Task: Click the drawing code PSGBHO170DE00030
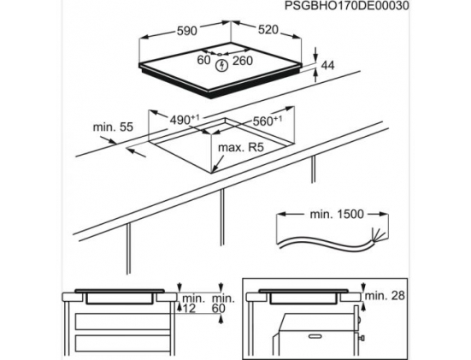pyautogui.click(x=347, y=6)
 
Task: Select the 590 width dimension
pyautogui.click(x=187, y=31)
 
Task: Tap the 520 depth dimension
pyautogui.click(x=268, y=29)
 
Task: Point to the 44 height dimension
pyautogui.click(x=327, y=65)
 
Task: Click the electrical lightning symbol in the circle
pyautogui.click(x=222, y=66)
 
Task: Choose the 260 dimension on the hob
pyautogui.click(x=243, y=61)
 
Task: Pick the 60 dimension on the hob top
pyautogui.click(x=203, y=60)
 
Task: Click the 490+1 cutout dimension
pyautogui.click(x=185, y=120)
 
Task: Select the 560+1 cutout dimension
pyautogui.click(x=268, y=121)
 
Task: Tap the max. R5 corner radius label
pyautogui.click(x=241, y=147)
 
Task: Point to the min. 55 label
pyautogui.click(x=113, y=127)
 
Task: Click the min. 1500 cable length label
pyautogui.click(x=337, y=215)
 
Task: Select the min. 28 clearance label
pyautogui.click(x=385, y=296)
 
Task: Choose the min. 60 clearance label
pyautogui.click(x=223, y=304)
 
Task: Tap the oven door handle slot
pyautogui.click(x=316, y=335)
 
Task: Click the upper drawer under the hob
pyautogui.click(x=123, y=322)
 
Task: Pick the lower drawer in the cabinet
pyautogui.click(x=123, y=344)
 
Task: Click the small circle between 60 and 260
pyautogui.click(x=220, y=55)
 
